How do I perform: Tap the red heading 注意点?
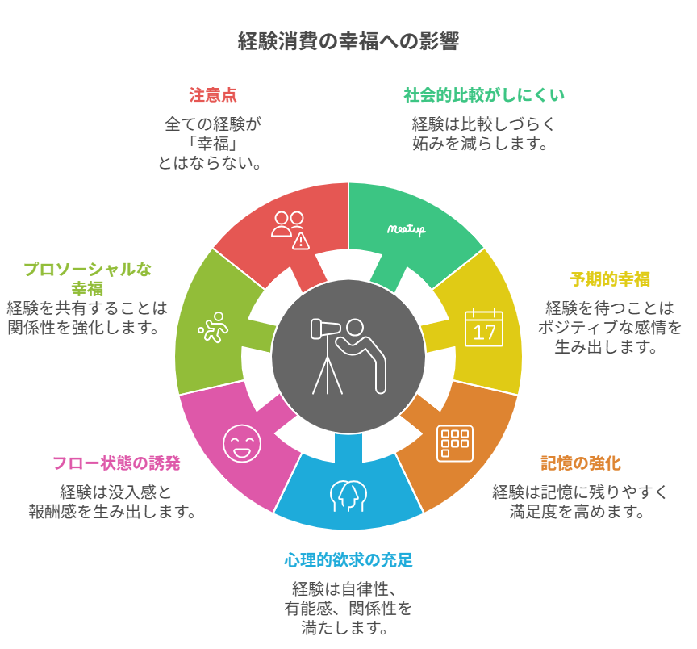(213, 95)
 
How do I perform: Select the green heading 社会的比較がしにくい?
(484, 95)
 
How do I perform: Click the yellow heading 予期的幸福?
(610, 279)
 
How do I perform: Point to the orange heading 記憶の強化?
(581, 463)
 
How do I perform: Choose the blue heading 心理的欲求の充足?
(348, 560)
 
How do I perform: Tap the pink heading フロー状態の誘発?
(116, 463)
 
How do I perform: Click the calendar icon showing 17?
(484, 327)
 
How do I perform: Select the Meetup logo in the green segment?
(406, 229)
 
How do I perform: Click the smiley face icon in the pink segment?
(242, 442)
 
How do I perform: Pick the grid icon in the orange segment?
(455, 443)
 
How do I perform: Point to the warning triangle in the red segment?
(301, 240)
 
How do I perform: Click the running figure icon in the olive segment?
(213, 327)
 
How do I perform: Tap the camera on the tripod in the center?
(327, 329)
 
